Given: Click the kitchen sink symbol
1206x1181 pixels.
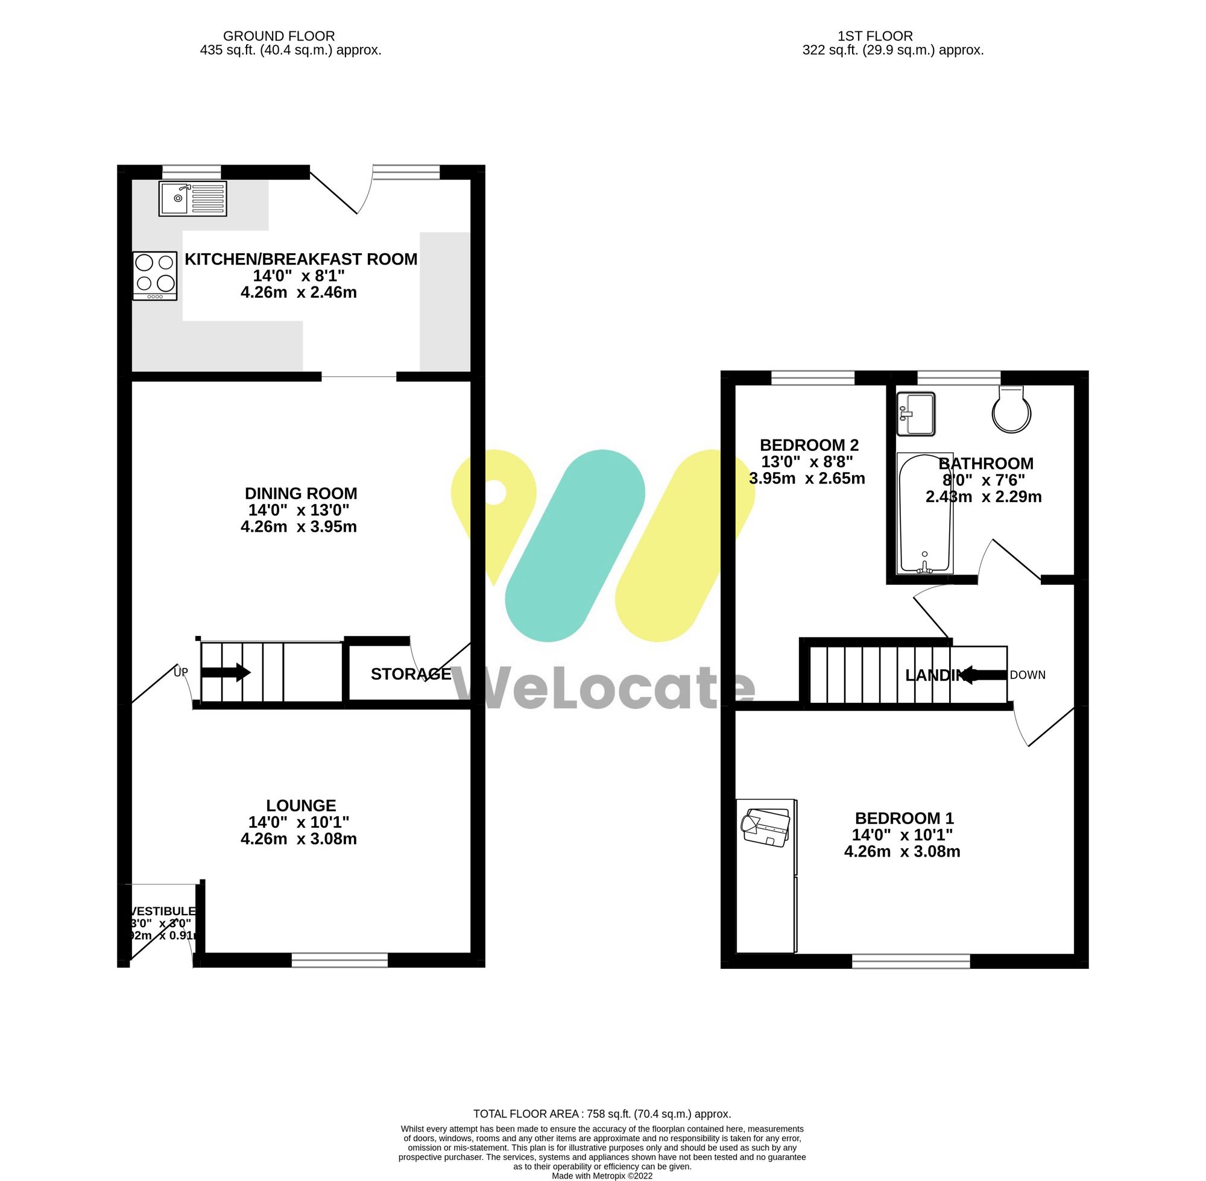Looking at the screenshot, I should tap(192, 198).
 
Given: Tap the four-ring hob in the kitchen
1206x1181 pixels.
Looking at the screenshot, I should tap(155, 276).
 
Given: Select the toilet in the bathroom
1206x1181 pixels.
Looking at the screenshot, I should tap(1011, 409).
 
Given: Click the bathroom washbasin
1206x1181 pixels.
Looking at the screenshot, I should tap(917, 414).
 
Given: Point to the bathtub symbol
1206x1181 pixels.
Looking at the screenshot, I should tap(924, 513).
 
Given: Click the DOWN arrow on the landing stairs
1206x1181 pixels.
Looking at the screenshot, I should tap(983, 675).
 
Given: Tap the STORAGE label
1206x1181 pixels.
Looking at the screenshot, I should tap(411, 674).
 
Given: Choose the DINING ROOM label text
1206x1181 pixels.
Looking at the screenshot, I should tap(301, 494).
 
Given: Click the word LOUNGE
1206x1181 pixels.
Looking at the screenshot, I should tap(301, 806).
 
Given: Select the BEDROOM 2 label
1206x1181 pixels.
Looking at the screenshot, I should tap(809, 445).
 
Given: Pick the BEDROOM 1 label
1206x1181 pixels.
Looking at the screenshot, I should tap(904, 818).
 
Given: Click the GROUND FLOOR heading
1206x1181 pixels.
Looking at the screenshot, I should tap(279, 37).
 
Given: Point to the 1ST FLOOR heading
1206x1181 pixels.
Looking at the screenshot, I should tap(875, 37).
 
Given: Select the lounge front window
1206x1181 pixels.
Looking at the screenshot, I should tap(339, 960).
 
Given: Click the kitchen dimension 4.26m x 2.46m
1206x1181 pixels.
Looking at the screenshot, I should tap(298, 293).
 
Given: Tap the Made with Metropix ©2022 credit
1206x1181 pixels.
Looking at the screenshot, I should tap(602, 1176).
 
